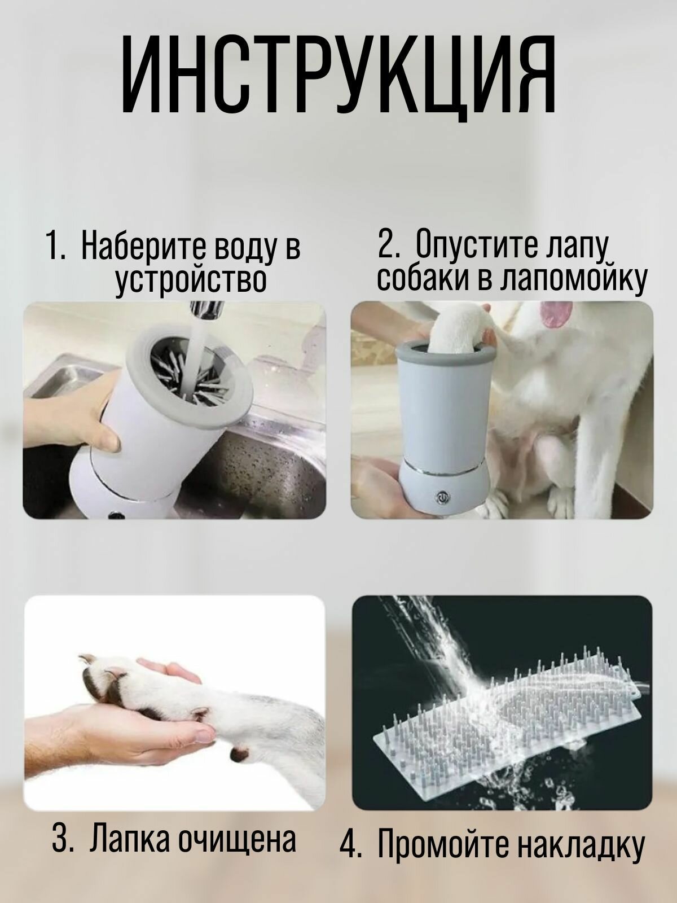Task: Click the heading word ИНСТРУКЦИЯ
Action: [338, 77]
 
